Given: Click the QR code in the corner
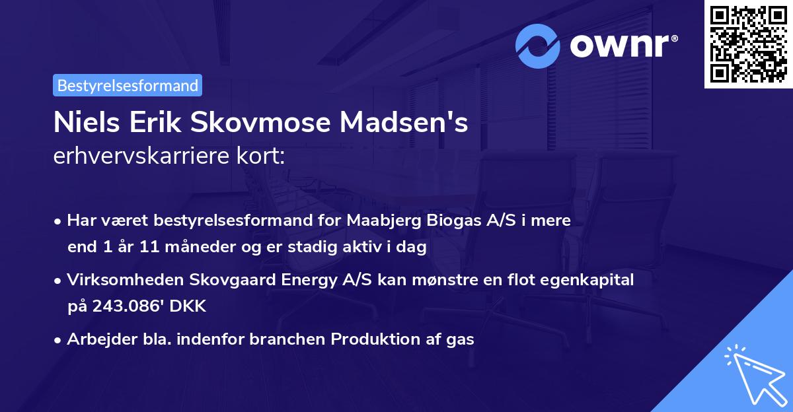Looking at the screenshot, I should click(749, 44).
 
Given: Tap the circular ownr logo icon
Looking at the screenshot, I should click(538, 46).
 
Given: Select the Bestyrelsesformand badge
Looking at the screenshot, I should click(128, 85).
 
